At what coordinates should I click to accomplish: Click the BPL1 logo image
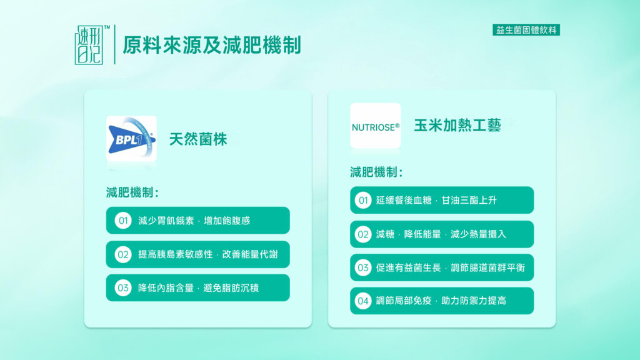tap(131, 139)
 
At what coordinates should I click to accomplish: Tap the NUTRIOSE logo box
tap(376, 126)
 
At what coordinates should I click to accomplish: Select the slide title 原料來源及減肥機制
tap(212, 45)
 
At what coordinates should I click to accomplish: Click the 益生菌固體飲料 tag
tap(526, 30)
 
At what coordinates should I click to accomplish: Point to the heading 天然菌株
tap(198, 139)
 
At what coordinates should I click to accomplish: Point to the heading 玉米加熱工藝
tap(457, 125)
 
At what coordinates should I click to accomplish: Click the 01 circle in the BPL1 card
tap(123, 221)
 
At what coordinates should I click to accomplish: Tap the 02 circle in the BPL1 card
tap(123, 255)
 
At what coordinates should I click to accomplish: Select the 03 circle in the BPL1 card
tap(123, 287)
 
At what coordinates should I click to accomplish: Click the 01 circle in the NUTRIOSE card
tap(363, 201)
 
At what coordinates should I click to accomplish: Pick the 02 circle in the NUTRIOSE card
tap(363, 234)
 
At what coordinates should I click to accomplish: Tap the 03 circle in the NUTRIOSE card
tap(363, 267)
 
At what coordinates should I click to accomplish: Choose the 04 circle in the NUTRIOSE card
tap(363, 301)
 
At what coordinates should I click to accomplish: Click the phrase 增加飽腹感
tap(227, 221)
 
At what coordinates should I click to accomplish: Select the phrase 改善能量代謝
tap(250, 254)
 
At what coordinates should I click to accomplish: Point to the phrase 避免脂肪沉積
tap(231, 287)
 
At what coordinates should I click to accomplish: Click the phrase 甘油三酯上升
tap(469, 201)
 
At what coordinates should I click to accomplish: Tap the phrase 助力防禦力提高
tap(474, 301)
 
